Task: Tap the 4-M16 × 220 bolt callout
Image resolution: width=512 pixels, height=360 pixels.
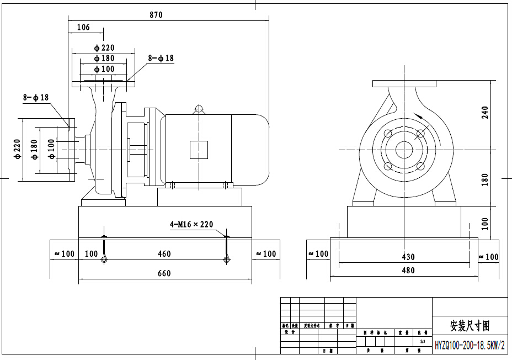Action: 191,225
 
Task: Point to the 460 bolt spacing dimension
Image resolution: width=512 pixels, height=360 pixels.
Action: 164,254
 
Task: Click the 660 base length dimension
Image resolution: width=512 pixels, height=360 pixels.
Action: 164,273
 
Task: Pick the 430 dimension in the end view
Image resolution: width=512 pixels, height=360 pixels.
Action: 408,257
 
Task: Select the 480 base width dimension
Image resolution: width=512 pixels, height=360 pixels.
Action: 408,271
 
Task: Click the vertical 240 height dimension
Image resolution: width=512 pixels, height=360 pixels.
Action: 485,113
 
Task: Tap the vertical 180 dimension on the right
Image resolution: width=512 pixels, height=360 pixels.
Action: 485,179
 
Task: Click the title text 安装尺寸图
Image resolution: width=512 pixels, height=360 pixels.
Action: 470,325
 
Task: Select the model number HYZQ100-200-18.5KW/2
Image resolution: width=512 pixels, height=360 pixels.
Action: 470,345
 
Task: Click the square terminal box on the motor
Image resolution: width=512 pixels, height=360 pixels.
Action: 199,150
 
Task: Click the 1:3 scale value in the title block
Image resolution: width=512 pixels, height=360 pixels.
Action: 422,342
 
